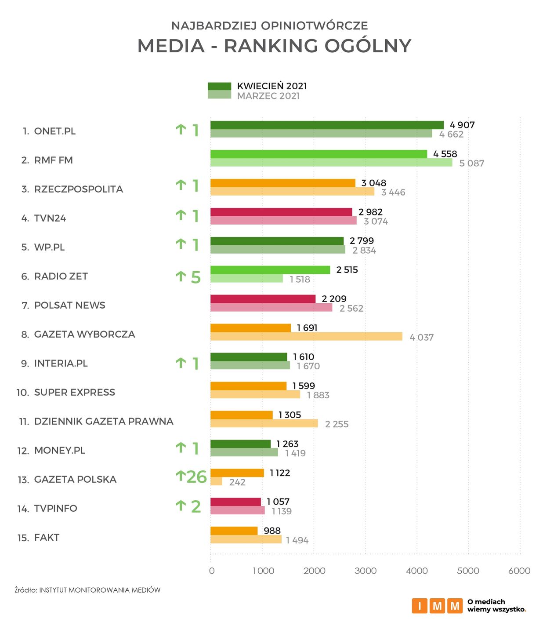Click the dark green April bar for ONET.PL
coord(327,125)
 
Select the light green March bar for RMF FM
coord(331,163)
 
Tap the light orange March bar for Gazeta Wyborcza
coord(306,337)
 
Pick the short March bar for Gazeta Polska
coord(216,482)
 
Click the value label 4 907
coord(462,125)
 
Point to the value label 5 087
coord(472,164)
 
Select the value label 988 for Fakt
coord(272,531)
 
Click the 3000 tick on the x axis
coord(366,571)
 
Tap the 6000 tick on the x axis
coord(519,571)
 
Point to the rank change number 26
coord(196,477)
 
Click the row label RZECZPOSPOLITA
coord(78,189)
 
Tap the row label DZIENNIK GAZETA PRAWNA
coord(104,422)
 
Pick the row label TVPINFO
coord(55,509)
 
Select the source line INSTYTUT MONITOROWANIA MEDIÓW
coord(100,590)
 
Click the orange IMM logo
coord(437,606)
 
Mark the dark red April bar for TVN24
coord(281,212)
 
